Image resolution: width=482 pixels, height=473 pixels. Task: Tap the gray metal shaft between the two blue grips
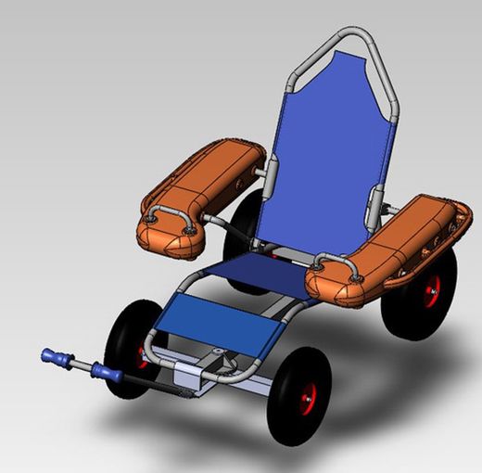pyautogui.click(x=80, y=365)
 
